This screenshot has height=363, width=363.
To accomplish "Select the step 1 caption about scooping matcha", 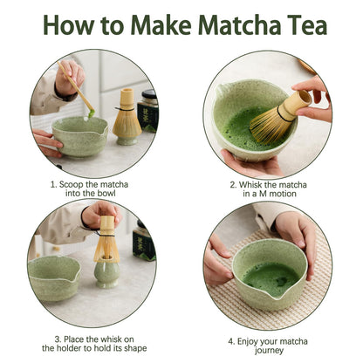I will point(91,189).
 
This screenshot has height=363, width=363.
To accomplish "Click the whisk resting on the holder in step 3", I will point(106,240).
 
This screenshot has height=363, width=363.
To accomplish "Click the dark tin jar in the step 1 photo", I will point(148,109).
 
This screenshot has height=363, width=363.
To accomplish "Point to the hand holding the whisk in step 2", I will point(316,96).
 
